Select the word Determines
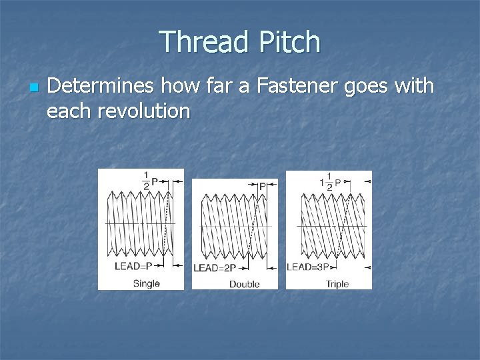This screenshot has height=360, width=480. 99,86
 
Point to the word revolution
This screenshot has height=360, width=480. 144,110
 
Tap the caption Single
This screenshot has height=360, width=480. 146,283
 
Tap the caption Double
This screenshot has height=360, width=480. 244,284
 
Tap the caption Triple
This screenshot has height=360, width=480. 337,284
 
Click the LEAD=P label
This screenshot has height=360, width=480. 133,265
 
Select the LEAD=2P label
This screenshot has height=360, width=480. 215,268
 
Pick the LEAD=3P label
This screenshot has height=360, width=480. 310,267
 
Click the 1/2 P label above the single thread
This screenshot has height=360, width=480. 150,180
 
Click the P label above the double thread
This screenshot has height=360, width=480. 262,186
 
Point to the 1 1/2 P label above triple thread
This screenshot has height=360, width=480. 330,181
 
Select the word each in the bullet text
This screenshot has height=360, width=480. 70,110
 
